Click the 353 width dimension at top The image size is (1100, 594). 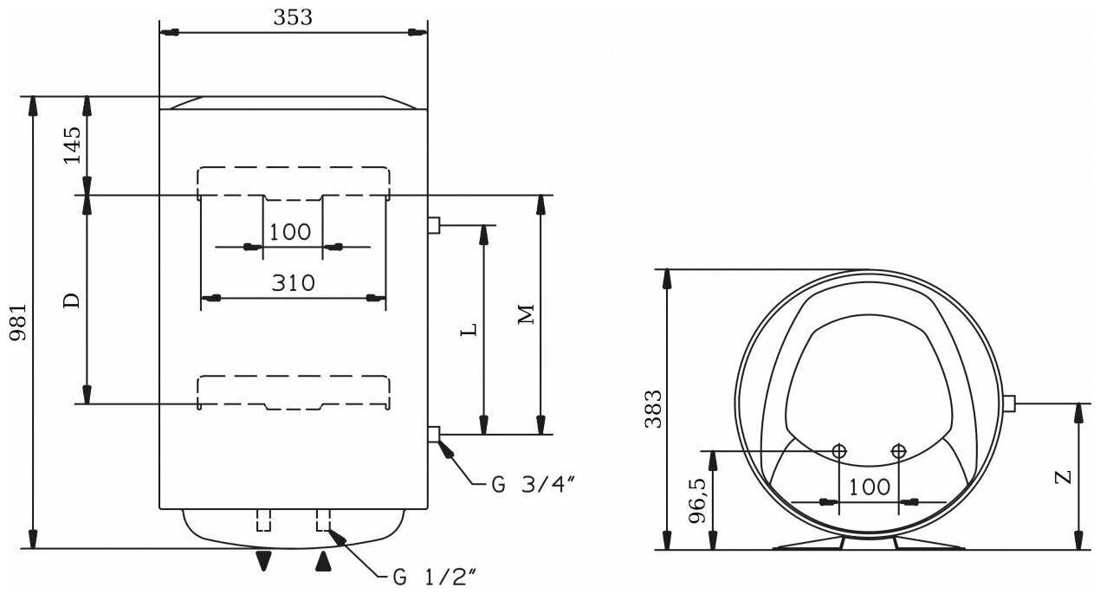point(293,17)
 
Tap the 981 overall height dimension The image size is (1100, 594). point(19,322)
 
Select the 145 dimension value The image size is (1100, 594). point(72,145)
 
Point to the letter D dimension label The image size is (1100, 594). point(72,301)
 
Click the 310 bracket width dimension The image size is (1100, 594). point(293,283)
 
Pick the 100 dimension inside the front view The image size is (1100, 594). point(290,232)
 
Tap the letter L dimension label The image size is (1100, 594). point(469,329)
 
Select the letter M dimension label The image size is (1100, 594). point(527,314)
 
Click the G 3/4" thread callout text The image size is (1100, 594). point(533,484)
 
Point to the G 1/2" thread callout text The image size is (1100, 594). point(435,577)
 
